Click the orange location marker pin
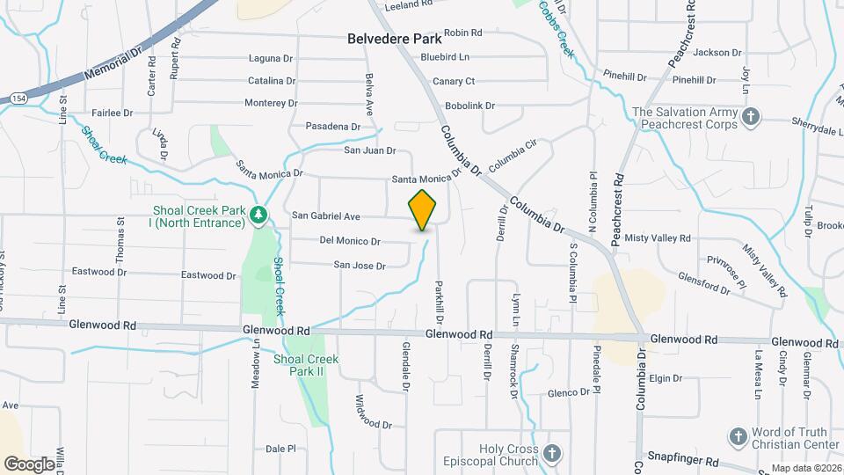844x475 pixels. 423,210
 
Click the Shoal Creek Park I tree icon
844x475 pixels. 258,215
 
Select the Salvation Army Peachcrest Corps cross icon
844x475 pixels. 751,117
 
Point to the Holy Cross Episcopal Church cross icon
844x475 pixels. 551,454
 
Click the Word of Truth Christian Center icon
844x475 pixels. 738,436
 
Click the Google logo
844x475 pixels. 29,464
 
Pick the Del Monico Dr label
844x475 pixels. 350,240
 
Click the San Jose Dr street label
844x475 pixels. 360,265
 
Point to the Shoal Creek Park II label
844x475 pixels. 306,365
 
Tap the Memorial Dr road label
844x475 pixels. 113,65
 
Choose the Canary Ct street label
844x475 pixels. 455,81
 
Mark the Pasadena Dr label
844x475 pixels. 333,127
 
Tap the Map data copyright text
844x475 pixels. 805,468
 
